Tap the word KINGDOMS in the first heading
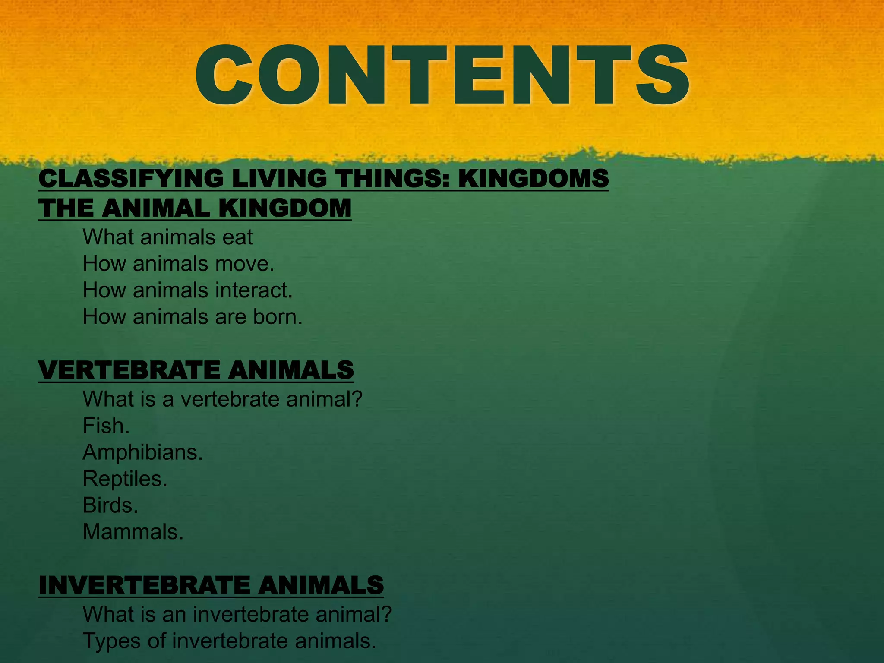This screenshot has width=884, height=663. tap(533, 179)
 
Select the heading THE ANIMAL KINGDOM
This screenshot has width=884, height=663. tap(195, 208)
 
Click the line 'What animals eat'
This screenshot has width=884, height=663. tap(167, 237)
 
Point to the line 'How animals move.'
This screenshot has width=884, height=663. tap(179, 264)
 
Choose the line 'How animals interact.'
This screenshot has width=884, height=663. tap(188, 290)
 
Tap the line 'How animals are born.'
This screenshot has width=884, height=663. tap(193, 317)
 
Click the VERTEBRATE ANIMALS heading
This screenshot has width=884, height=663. tap(196, 370)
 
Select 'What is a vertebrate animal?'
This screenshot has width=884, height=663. tap(222, 399)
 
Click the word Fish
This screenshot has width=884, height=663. tap(106, 426)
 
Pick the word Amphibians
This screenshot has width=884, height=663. tap(142, 452)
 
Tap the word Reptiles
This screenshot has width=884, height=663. tap(125, 479)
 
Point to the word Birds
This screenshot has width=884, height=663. tap(110, 505)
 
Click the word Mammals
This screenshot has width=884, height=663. tap(133, 532)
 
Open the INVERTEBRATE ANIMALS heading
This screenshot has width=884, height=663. tap(211, 585)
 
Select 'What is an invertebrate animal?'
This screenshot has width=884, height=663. tap(237, 614)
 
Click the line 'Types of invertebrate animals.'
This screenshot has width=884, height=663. tap(229, 641)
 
